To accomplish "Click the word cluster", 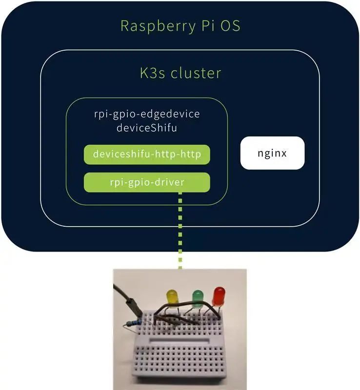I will pos(195,73).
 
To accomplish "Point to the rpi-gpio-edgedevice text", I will pos(146,115).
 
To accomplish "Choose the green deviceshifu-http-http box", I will pos(147,154).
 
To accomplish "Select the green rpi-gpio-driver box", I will pos(147,182).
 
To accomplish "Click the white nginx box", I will pos(272,153).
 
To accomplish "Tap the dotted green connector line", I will pos(180,229).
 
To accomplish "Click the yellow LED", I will pos(172,297).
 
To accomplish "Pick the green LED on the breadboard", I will pos(197,297).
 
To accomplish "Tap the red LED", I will pos(219,295).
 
